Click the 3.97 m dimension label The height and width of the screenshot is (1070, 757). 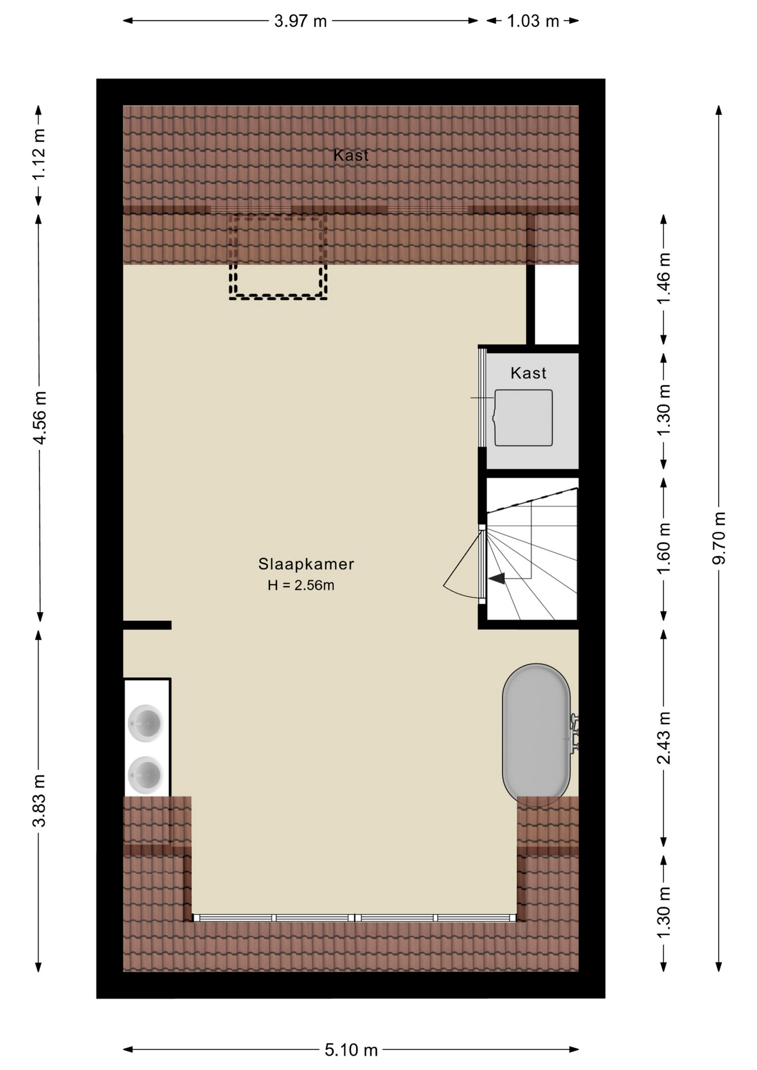pyautogui.click(x=300, y=21)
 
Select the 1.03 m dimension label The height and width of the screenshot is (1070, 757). pyautogui.click(x=533, y=21)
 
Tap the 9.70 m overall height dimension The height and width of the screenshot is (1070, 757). pyautogui.click(x=719, y=538)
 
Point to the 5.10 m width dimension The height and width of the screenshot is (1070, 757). pyautogui.click(x=351, y=1050)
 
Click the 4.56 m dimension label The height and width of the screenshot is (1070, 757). pyautogui.click(x=40, y=417)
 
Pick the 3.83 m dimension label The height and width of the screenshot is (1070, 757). pyautogui.click(x=40, y=800)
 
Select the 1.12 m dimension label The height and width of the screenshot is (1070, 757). pyautogui.click(x=38, y=154)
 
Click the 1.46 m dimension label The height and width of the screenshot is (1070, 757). pyautogui.click(x=663, y=279)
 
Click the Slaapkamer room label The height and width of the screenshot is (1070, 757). pyautogui.click(x=306, y=564)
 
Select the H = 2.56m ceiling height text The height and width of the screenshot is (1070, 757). pyautogui.click(x=301, y=585)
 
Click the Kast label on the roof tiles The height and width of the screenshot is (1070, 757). pyautogui.click(x=351, y=155)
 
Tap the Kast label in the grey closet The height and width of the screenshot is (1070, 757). pyautogui.click(x=528, y=373)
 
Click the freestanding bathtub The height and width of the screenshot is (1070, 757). pyautogui.click(x=536, y=735)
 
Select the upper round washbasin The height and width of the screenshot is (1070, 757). pyautogui.click(x=145, y=723)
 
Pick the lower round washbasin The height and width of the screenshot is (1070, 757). pyautogui.click(x=145, y=775)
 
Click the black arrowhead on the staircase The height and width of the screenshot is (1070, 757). pyautogui.click(x=497, y=578)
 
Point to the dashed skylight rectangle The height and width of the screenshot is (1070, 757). pyautogui.click(x=278, y=256)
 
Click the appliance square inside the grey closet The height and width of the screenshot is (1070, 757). pyautogui.click(x=523, y=418)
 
